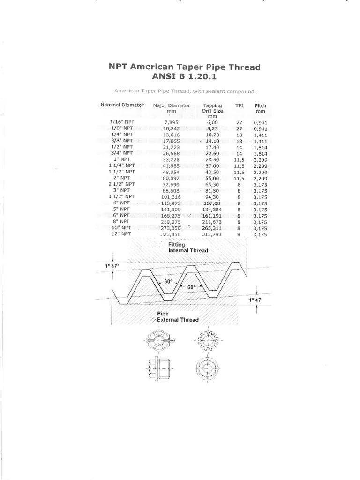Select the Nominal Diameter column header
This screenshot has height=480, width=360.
(x=122, y=105)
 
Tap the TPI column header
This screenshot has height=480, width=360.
(x=239, y=105)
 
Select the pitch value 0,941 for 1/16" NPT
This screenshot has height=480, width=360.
(x=260, y=122)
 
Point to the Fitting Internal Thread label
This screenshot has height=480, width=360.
(x=188, y=247)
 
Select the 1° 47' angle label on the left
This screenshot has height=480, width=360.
(x=112, y=266)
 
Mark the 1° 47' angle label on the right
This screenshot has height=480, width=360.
(x=255, y=299)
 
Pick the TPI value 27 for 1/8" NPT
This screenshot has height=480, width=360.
(x=239, y=128)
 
